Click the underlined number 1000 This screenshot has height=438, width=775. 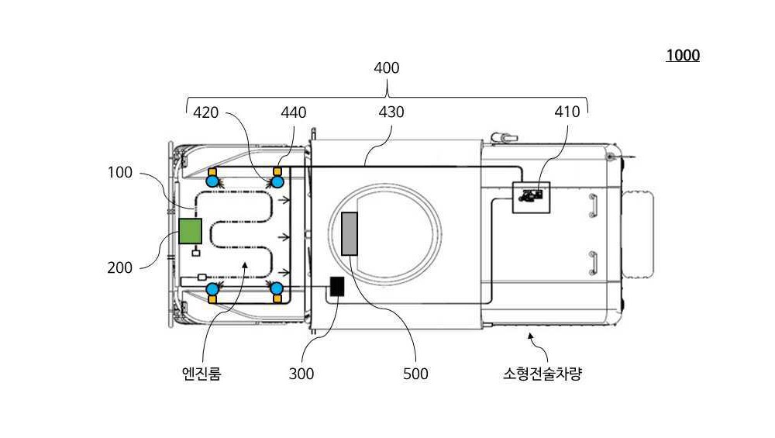pos(683,55)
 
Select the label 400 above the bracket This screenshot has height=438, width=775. pos(387,67)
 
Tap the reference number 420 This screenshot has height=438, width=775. pos(205,112)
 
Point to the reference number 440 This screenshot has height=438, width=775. pos(294,112)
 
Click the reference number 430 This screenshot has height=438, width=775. pos(391,112)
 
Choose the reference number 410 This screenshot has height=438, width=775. pos(567,112)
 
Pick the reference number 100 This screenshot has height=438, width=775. pos(120,173)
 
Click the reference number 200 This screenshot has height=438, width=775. pos(119,268)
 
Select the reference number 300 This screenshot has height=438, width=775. pos(301,374)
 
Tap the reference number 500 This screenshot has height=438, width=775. pos(415,374)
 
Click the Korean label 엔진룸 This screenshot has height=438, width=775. pos(201,373)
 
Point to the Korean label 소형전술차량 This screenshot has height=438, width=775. pos(542,373)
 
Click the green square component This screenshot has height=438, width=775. pos(190,231)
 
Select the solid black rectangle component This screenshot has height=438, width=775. pos(337,287)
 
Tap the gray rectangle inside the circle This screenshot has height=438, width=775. pos(350,234)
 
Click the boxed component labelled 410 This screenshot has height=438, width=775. pos(531,197)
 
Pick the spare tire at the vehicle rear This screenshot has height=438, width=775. pos(638,235)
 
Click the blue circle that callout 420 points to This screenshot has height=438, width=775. pos(277,182)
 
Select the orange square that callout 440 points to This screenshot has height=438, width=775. pos(277,171)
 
